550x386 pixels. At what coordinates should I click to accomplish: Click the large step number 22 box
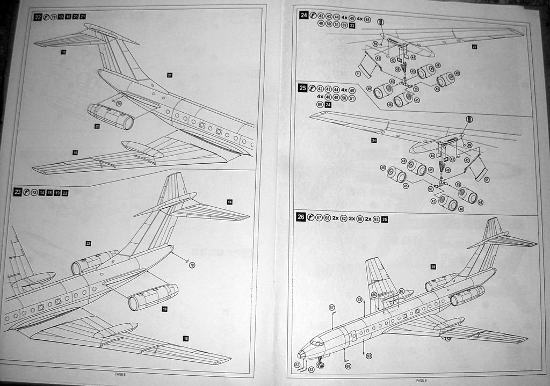38,17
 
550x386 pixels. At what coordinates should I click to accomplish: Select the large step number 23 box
17,192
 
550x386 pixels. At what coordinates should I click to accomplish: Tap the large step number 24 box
304,15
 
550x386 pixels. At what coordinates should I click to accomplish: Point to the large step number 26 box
301,217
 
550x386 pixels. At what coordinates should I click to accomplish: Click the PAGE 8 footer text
120,374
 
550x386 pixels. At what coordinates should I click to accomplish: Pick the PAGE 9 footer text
421,380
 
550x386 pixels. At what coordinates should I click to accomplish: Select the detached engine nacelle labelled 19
153,297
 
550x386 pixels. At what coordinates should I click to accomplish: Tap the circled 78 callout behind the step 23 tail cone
192,265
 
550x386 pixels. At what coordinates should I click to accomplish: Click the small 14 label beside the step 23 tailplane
229,202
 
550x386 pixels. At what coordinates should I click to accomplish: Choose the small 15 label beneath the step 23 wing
186,338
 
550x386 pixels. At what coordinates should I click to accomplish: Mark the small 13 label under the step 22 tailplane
63,52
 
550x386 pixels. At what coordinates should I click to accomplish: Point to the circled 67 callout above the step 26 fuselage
332,307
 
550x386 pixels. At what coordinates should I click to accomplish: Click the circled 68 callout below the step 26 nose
348,366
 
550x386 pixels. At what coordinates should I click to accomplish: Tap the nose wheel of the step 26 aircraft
321,366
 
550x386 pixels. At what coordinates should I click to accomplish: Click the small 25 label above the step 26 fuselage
433,266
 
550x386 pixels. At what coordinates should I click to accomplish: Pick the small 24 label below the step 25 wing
374,140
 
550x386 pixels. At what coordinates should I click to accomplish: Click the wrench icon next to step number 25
312,89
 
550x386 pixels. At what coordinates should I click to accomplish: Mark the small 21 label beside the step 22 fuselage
169,75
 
